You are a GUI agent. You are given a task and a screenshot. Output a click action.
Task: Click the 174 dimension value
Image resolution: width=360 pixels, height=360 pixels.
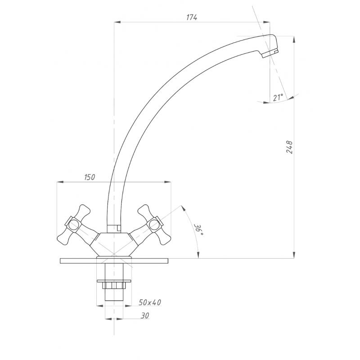click(192, 17)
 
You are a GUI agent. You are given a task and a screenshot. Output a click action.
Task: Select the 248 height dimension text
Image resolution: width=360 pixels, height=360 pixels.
click(289, 147)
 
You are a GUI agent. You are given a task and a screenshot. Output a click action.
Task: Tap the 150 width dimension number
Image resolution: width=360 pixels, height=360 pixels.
click(90, 177)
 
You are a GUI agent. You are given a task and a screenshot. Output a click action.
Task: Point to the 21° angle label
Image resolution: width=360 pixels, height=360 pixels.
click(278, 98)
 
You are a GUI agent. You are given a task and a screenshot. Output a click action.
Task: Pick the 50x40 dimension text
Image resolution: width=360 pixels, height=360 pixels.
click(150, 302)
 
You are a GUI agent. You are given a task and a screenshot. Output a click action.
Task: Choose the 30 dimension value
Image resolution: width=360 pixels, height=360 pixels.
click(145, 316)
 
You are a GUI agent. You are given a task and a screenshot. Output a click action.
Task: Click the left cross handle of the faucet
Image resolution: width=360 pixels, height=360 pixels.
click(74, 225)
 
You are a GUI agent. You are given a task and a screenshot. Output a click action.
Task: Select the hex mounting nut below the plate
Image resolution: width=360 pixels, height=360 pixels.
click(114, 286)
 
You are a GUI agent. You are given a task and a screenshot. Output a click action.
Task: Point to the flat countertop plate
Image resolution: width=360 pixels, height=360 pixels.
click(114, 261)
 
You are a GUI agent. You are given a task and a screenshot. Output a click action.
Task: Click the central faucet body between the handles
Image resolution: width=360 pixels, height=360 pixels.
click(114, 244)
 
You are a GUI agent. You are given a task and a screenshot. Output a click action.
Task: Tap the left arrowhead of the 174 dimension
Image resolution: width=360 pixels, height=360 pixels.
click(117, 22)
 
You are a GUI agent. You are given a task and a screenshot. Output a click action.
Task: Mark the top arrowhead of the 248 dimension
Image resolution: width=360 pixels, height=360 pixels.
click(294, 39)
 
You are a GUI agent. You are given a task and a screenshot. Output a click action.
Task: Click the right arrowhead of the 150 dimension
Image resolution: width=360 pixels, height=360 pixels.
click(168, 182)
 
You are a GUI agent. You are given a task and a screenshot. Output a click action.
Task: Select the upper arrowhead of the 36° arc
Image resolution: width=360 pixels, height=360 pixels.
click(183, 207)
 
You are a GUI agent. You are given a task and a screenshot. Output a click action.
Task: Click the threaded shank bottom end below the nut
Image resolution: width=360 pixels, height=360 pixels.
click(114, 300)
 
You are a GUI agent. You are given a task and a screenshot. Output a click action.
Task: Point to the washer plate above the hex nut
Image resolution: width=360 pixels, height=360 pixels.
click(114, 281)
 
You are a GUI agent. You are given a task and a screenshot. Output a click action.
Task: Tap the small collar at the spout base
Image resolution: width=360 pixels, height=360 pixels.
click(114, 229)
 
